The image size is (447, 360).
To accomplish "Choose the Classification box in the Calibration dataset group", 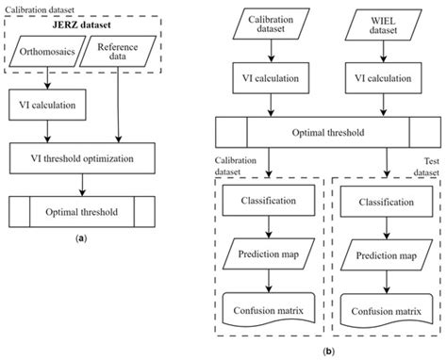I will click(270, 202).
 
